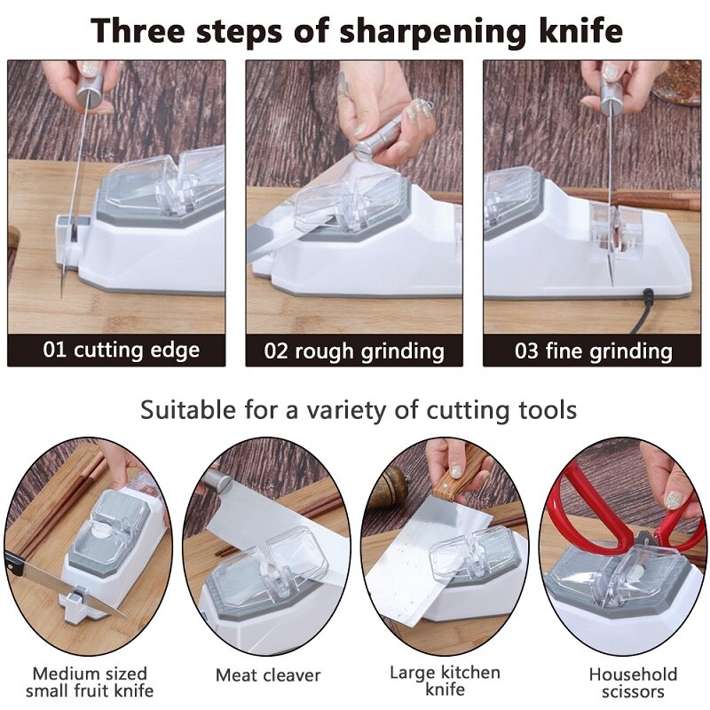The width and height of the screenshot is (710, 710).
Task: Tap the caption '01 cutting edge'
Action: (x=122, y=350)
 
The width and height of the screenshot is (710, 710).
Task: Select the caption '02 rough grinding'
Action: (x=354, y=351)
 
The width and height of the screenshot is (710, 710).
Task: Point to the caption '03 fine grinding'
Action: (x=594, y=351)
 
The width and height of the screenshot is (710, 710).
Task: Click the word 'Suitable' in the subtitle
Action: (x=183, y=410)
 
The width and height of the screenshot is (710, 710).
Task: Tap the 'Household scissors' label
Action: (x=633, y=682)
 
